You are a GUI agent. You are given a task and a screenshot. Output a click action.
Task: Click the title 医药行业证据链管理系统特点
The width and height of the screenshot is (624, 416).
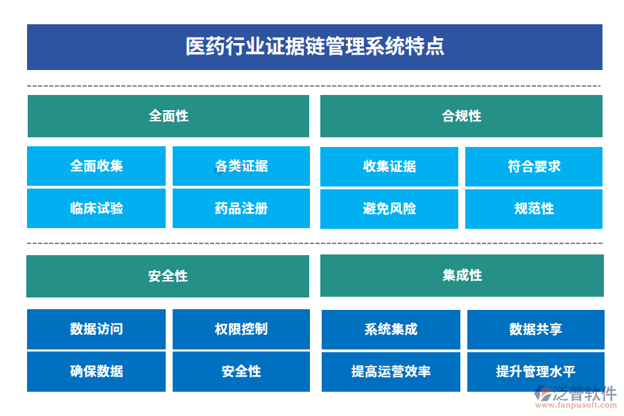(x=315, y=46)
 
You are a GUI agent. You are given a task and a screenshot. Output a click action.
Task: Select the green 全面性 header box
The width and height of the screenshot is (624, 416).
(x=168, y=116)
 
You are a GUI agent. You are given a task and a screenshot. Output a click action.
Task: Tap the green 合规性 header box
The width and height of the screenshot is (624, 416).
(x=461, y=116)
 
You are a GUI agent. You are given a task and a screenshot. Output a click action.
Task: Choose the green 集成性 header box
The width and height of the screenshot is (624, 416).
(x=462, y=275)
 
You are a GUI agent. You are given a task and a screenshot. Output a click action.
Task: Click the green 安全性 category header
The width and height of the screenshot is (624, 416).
(x=168, y=276)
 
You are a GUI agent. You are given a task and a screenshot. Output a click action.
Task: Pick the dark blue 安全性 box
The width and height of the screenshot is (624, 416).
(x=241, y=372)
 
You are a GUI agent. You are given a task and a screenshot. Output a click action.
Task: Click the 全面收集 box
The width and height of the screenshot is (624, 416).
(x=96, y=166)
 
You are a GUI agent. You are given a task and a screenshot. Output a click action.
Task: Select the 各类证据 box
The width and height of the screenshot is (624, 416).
(x=241, y=166)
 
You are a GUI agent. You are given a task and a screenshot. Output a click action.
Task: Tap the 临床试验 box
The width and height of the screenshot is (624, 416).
(x=96, y=208)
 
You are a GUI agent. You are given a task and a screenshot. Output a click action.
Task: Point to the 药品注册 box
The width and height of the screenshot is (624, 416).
(x=241, y=208)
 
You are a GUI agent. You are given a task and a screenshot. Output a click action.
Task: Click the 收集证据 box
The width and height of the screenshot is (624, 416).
(x=389, y=166)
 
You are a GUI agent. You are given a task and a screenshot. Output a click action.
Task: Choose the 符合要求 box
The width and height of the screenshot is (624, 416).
(x=534, y=166)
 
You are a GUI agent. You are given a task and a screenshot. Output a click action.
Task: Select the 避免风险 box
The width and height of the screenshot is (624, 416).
(x=389, y=208)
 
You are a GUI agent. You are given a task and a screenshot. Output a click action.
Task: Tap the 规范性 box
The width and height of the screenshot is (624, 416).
(x=534, y=208)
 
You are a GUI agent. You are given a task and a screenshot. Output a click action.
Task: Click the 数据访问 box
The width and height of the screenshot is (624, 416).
(x=96, y=329)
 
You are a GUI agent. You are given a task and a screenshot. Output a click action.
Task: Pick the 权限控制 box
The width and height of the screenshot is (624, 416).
(x=241, y=329)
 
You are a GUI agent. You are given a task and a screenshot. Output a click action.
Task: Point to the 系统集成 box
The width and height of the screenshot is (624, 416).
(x=391, y=329)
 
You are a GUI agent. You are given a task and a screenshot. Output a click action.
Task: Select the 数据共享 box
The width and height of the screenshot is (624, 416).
(x=535, y=329)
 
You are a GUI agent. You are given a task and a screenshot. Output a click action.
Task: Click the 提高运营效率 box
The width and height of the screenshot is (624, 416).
(x=391, y=372)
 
